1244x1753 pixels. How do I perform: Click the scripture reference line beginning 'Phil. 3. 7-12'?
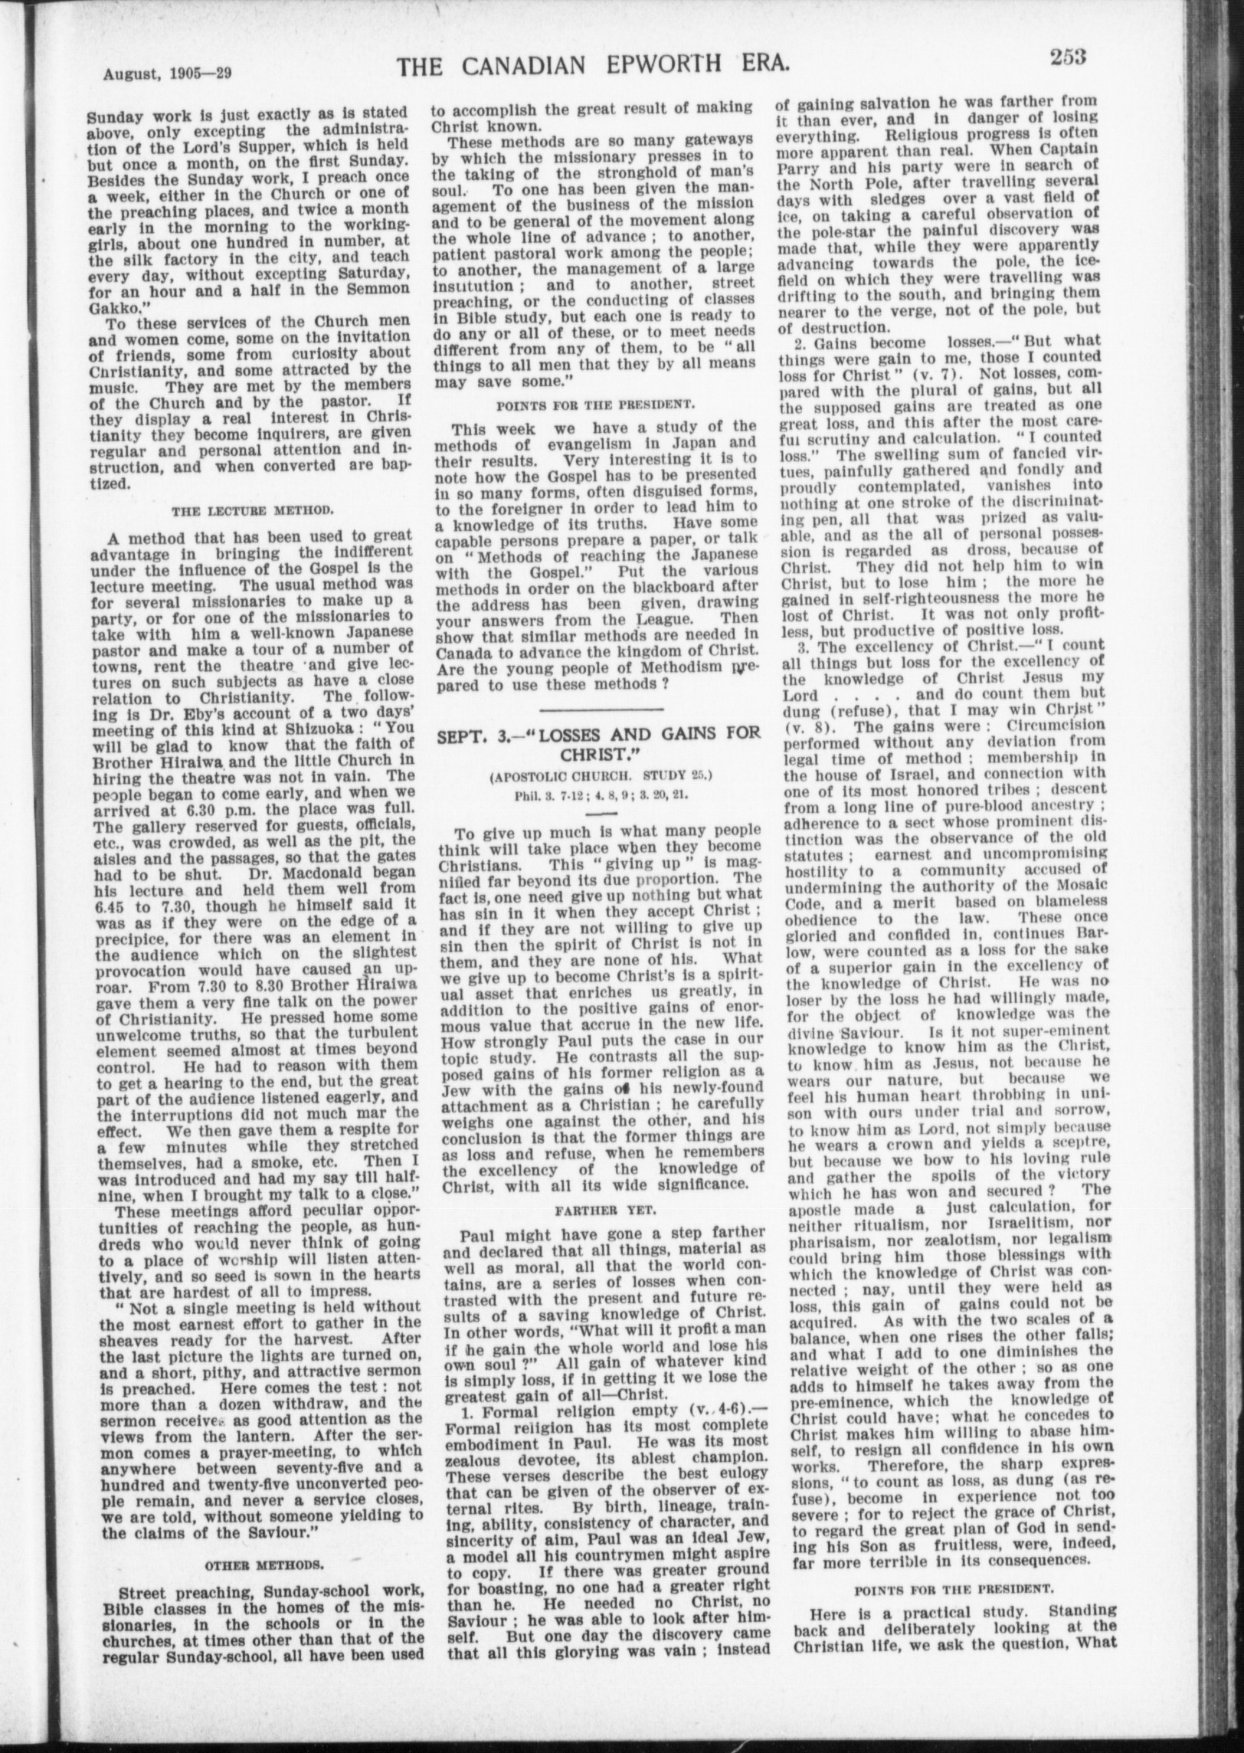pos(601,793)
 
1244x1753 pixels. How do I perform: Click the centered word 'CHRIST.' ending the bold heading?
pos(600,754)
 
